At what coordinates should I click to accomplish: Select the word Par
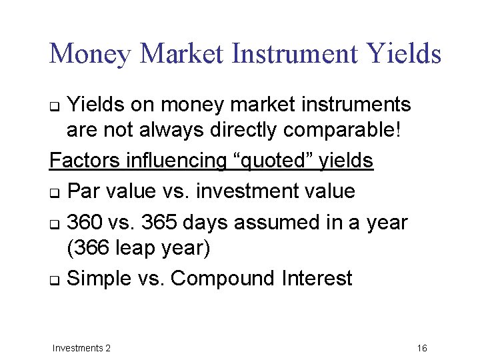pyautogui.click(x=85, y=191)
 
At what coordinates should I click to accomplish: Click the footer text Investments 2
pyautogui.click(x=81, y=348)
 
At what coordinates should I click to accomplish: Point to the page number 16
pyautogui.click(x=421, y=348)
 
